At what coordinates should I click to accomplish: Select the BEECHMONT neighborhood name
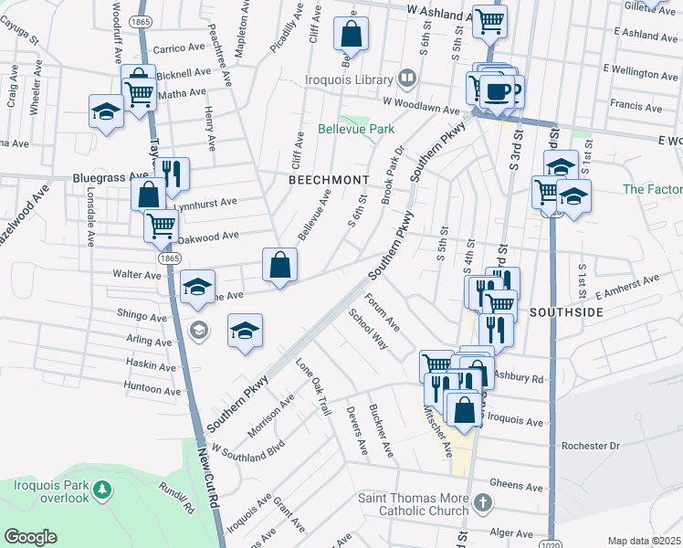point(328,181)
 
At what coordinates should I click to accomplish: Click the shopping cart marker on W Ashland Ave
point(490,18)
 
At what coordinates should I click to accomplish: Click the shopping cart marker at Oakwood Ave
point(161,224)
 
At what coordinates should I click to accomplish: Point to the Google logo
point(30,537)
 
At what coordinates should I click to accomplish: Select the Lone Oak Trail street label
point(312,385)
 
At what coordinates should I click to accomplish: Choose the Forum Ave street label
point(383,312)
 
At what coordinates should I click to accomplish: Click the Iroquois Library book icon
point(407,79)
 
